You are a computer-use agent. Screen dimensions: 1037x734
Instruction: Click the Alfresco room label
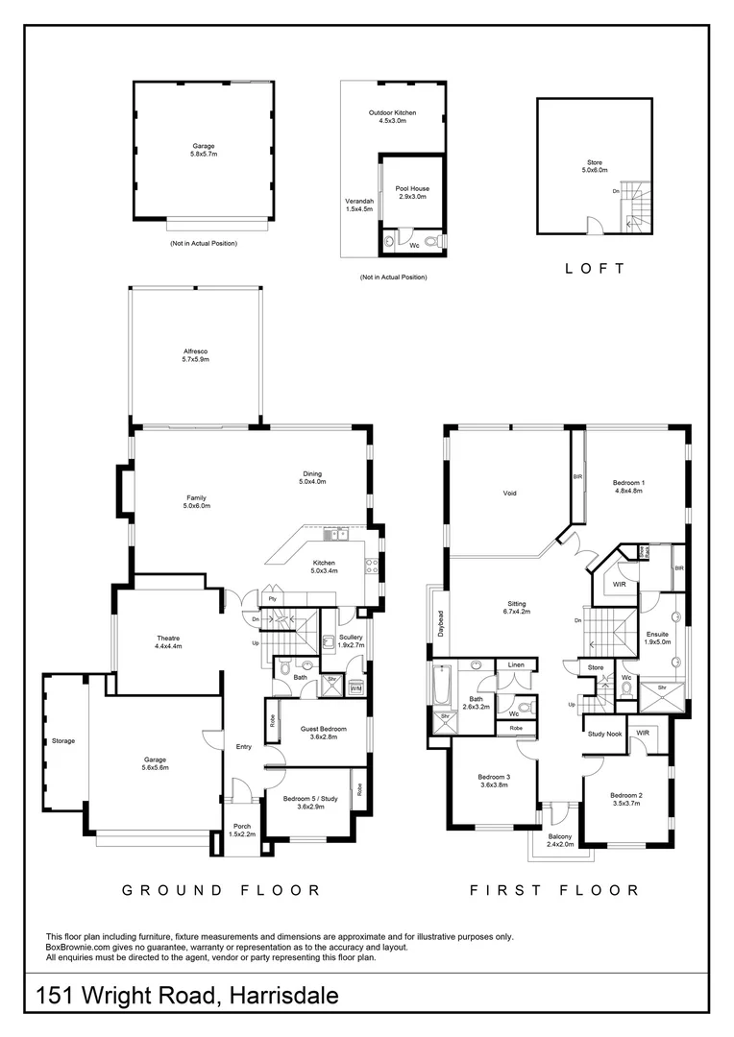pos(196,355)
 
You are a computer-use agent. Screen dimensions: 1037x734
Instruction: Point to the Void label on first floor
pos(509,494)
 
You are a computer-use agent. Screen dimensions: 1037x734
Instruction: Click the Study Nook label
pos(603,735)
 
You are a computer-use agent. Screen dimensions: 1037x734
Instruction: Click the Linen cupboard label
pos(516,665)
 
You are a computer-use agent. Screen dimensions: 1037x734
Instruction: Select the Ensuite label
pos(658,637)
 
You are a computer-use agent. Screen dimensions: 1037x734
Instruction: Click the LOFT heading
pos(595,269)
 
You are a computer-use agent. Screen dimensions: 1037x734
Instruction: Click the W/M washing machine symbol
pos(355,688)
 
